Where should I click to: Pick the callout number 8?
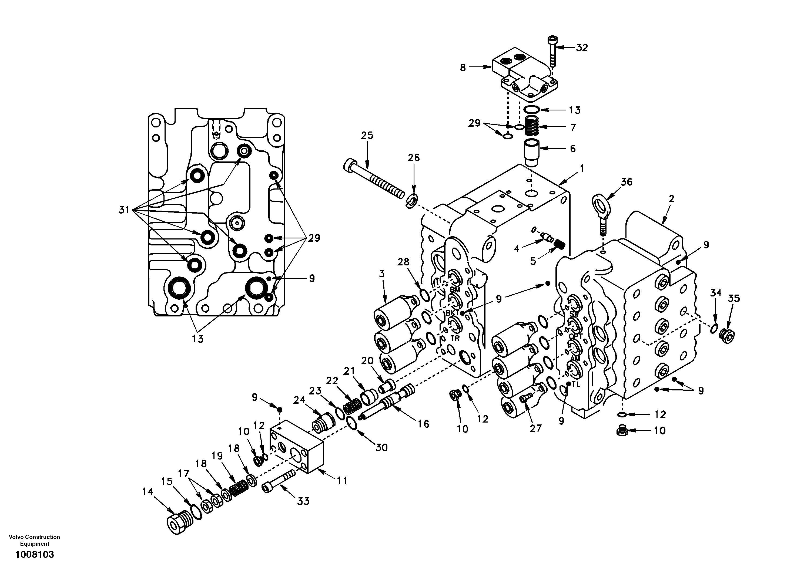pos(463,67)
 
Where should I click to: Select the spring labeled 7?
pos(532,127)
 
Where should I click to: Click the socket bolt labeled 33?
pos(278,481)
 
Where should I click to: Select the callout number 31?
pos(124,210)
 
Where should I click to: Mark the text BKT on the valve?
pos(452,313)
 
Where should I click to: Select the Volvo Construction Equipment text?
pos(34,540)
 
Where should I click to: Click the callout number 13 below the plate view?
pos(197,339)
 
